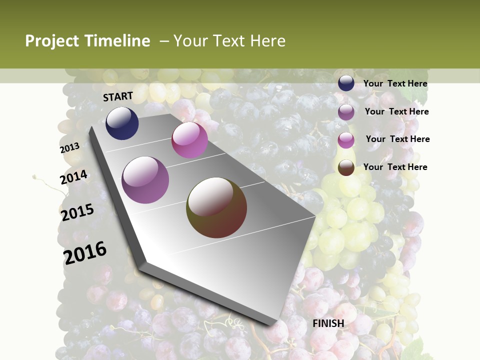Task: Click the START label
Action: [118, 96]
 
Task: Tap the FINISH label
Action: [328, 323]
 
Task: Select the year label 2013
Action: [70, 147]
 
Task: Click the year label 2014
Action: [74, 177]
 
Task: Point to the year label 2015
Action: [77, 212]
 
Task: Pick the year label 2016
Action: [85, 252]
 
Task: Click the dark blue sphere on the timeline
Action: [122, 123]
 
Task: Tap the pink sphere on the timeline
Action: [189, 140]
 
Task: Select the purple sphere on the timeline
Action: [145, 180]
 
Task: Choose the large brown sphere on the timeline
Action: [216, 207]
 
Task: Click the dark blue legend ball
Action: [346, 83]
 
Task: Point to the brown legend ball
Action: [346, 167]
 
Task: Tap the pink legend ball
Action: [346, 140]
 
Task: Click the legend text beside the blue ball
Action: [395, 83]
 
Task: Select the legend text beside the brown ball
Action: [395, 167]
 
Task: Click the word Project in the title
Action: [53, 41]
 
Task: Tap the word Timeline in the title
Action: [118, 41]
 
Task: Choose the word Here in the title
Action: [267, 41]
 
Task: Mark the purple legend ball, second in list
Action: [346, 112]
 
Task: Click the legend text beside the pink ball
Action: [397, 139]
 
